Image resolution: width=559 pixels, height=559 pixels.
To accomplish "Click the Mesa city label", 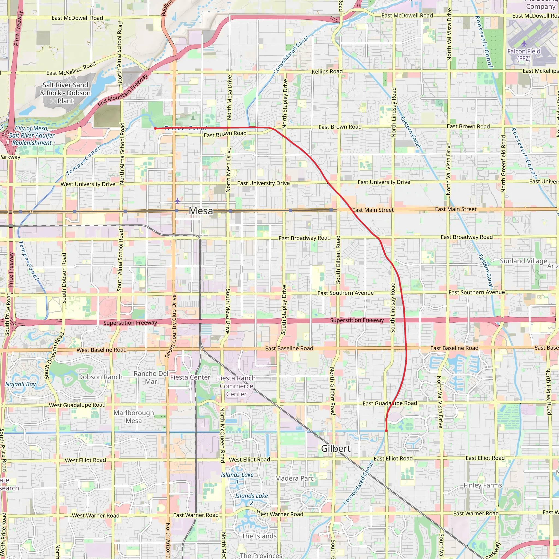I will tap(201, 211).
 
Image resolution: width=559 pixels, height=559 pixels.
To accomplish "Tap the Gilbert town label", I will tap(336, 448).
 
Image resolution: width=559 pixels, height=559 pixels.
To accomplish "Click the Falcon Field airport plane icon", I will tap(524, 44).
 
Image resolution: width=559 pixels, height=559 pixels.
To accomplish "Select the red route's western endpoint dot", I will tap(155, 128).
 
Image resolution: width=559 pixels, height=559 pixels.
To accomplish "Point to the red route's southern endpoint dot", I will tap(386, 431).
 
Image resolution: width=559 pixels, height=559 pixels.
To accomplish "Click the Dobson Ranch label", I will tap(100, 377).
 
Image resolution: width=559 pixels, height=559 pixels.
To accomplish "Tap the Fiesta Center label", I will tap(190, 377).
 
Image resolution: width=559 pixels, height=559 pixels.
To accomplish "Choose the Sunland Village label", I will tap(524, 261).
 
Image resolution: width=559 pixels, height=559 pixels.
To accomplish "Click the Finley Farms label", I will tap(483, 485).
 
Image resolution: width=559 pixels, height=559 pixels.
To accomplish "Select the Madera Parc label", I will tap(294, 478).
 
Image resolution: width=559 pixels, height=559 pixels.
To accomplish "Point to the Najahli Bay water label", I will tap(20, 384).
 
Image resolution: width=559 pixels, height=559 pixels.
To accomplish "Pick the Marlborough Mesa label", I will tap(134, 417).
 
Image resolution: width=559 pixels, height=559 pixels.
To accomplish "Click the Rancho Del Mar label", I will tap(151, 377).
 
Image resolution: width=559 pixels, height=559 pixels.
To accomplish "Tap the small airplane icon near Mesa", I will tap(177, 201).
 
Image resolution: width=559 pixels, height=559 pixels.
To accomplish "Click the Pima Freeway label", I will tap(18, 28).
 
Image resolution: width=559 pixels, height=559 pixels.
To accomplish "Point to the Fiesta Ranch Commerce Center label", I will tap(236, 386).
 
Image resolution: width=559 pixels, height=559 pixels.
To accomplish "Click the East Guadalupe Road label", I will tap(389, 404).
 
